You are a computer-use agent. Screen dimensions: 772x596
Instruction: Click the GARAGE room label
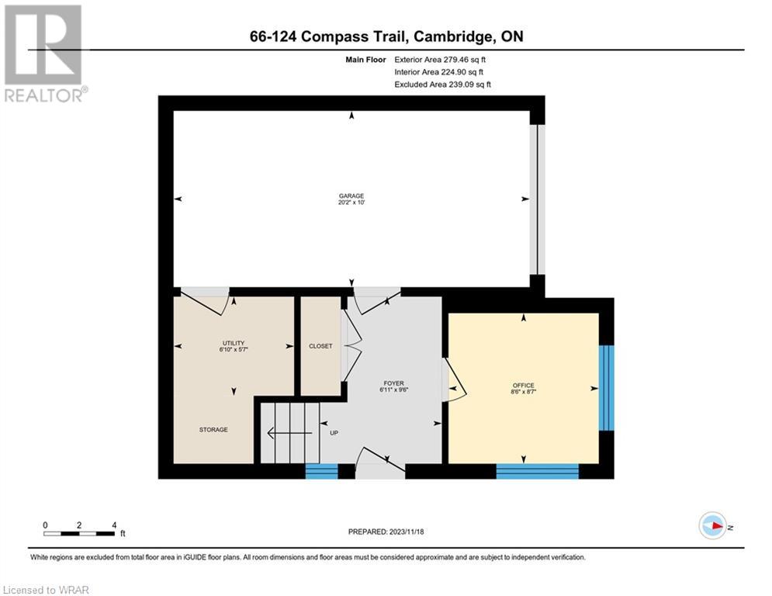351,196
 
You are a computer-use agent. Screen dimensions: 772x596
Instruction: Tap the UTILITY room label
234,343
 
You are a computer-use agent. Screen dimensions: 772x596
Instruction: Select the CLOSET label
320,346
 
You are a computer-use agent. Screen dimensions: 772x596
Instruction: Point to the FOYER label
394,383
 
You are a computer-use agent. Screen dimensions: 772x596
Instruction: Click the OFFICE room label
524,385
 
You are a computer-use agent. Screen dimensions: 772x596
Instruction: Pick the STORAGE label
213,429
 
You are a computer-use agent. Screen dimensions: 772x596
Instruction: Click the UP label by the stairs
334,433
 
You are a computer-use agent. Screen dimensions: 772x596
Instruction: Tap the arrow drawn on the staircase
289,433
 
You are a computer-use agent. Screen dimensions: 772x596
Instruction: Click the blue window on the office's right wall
607,388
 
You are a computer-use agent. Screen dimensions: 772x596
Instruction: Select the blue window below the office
537,471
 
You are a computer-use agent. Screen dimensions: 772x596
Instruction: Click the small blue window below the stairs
321,471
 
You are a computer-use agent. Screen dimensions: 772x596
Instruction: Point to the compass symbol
713,525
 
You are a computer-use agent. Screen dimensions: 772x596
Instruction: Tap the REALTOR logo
44,54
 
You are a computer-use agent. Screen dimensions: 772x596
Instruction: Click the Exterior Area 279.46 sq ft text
440,60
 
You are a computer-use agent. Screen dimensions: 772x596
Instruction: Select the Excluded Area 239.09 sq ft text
442,85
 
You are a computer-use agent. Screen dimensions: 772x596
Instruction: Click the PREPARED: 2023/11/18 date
386,532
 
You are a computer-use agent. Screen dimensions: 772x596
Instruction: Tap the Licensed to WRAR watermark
46,590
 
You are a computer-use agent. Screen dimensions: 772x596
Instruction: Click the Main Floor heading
365,60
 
